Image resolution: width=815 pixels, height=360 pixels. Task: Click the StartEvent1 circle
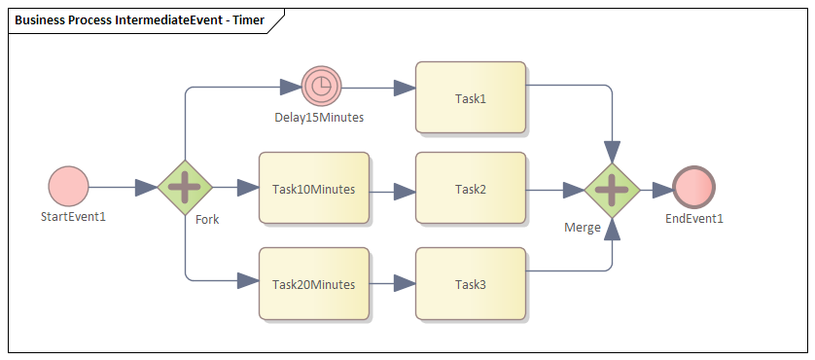point(68,186)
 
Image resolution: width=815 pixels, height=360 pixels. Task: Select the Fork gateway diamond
point(185,187)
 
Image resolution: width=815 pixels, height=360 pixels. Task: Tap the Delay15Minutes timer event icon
point(320,87)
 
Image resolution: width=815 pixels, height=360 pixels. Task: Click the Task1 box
point(470,97)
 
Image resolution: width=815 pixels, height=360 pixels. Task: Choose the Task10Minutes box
point(313,189)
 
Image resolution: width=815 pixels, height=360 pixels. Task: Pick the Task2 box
point(470,189)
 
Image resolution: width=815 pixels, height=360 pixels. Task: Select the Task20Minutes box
point(313,284)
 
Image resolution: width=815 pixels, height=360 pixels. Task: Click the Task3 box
point(470,284)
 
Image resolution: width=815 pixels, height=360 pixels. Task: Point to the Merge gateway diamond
point(612,189)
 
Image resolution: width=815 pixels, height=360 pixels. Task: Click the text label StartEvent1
point(73,216)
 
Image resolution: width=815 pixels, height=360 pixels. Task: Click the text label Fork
point(207,219)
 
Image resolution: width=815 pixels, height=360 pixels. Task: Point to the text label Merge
point(583,227)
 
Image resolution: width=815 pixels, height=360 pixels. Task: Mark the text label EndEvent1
point(694,218)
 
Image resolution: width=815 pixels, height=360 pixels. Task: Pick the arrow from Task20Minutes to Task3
point(392,284)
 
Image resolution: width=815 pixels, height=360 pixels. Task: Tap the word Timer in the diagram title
point(246,19)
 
